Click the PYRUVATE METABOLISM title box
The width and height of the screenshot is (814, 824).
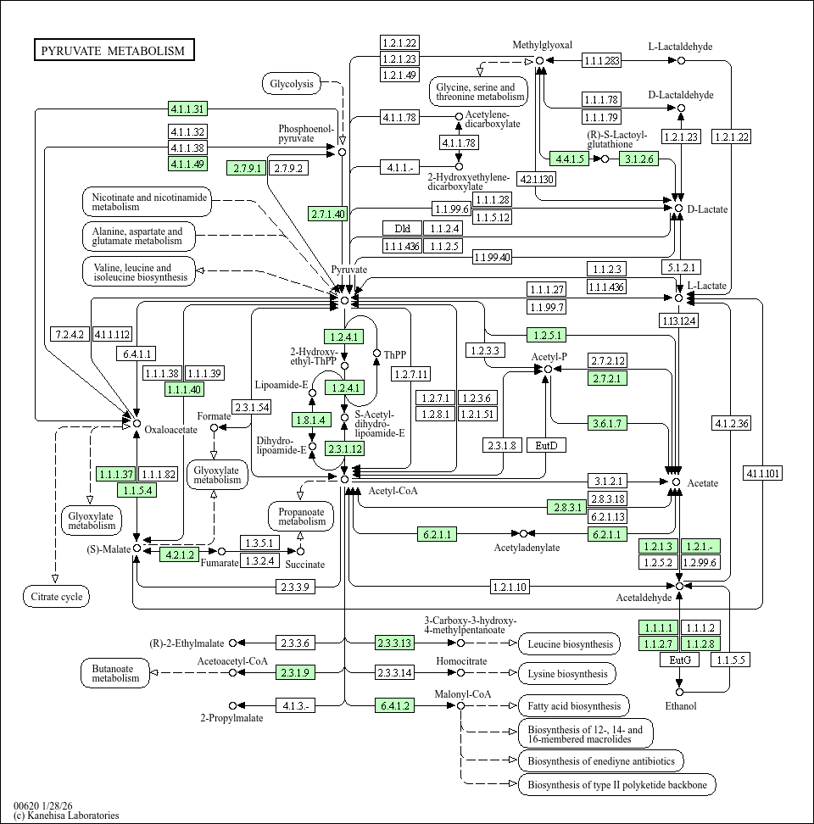click(x=113, y=51)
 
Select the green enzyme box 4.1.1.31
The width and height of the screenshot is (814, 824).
click(x=187, y=109)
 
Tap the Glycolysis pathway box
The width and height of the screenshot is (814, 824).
click(x=292, y=83)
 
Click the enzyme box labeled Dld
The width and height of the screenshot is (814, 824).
click(x=402, y=228)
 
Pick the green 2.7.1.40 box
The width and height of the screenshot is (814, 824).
click(x=327, y=214)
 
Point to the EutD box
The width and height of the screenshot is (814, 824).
click(x=546, y=445)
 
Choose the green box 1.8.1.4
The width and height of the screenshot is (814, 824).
click(x=309, y=420)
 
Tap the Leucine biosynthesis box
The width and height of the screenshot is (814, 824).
click(x=569, y=644)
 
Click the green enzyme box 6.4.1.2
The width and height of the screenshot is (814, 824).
click(x=395, y=705)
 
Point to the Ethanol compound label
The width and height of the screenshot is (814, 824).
click(x=680, y=706)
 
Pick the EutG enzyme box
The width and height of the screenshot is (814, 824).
click(x=679, y=660)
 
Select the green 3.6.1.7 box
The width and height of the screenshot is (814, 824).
click(x=607, y=423)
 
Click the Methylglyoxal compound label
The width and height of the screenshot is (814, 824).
click(x=543, y=45)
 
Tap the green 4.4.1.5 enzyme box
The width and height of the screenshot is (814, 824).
click(x=569, y=159)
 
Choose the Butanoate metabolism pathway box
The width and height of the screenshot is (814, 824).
click(x=115, y=673)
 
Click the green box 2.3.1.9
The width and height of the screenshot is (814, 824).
click(x=294, y=672)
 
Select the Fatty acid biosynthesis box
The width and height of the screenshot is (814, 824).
click(x=573, y=705)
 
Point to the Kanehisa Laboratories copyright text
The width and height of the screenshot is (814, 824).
click(x=66, y=816)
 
